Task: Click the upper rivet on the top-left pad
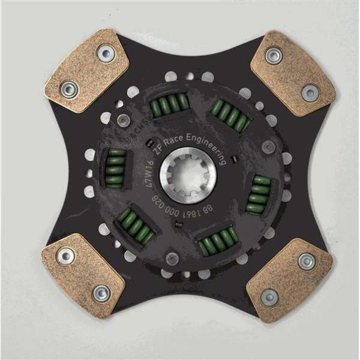pyautogui.click(x=106, y=54)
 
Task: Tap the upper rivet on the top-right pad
pyautogui.click(x=273, y=56)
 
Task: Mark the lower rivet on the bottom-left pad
pyautogui.click(x=100, y=293)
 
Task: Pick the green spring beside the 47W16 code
pyautogui.click(x=115, y=169)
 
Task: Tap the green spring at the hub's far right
pyautogui.click(x=259, y=194)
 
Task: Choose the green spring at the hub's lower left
pyautogui.click(x=136, y=224)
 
